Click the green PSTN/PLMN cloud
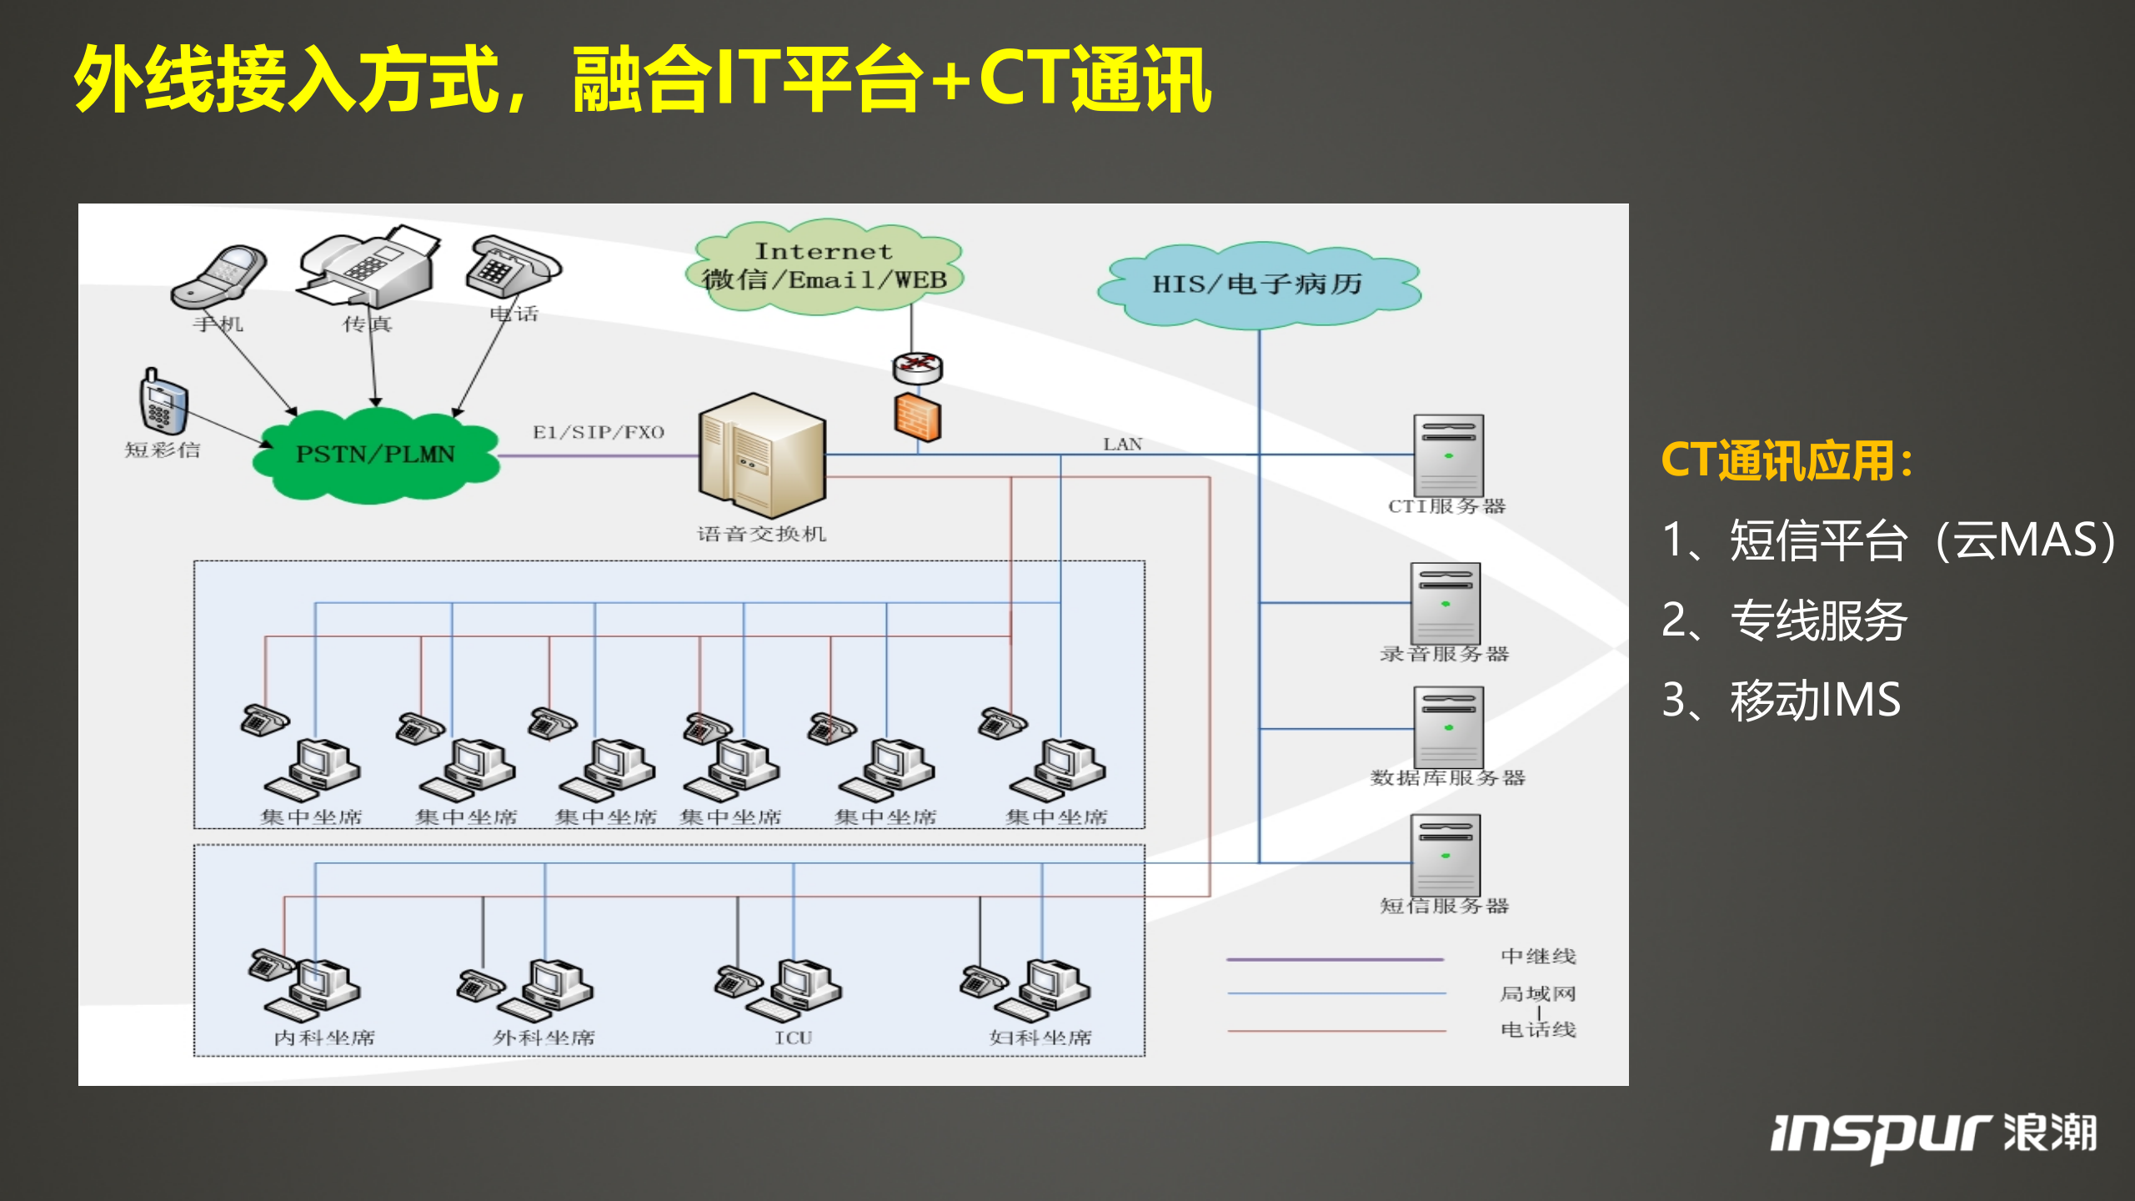(375, 455)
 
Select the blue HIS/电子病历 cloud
(1257, 284)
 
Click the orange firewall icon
(917, 418)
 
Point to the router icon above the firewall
(917, 366)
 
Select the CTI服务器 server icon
(1448, 455)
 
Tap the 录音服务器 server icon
(1445, 602)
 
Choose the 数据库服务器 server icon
(1448, 726)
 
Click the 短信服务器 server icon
(1445, 855)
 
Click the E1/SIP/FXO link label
(598, 432)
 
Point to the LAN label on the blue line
(1122, 445)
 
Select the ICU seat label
(792, 1038)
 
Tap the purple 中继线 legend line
(1334, 959)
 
